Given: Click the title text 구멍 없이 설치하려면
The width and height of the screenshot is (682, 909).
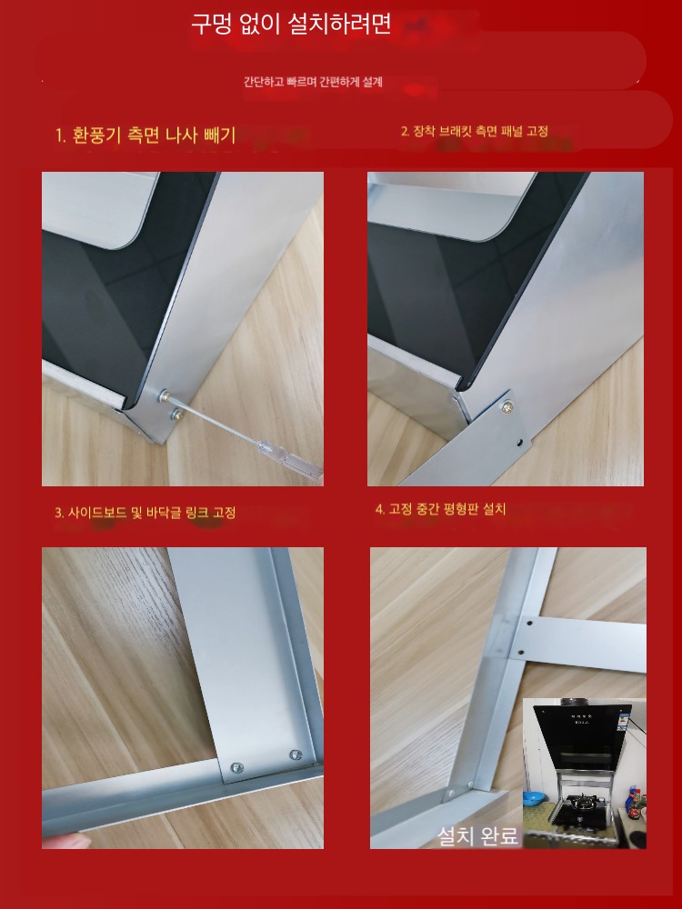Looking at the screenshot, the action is pyautogui.click(x=291, y=25).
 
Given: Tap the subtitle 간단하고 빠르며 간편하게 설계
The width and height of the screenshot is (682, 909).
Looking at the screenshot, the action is pyautogui.click(x=313, y=82).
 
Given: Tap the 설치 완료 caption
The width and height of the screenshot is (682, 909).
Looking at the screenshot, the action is pyautogui.click(x=476, y=835).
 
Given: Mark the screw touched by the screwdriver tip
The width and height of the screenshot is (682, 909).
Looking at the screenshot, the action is pyautogui.click(x=165, y=396).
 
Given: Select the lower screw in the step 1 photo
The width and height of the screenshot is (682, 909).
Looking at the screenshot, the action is pyautogui.click(x=178, y=414).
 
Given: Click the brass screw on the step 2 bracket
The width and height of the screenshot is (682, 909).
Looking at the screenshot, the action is pyautogui.click(x=507, y=407).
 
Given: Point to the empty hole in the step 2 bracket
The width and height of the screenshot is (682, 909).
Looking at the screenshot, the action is pyautogui.click(x=519, y=444).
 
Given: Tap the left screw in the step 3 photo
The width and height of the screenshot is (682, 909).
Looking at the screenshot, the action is pyautogui.click(x=236, y=767).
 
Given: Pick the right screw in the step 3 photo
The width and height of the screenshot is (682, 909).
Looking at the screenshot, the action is pyautogui.click(x=296, y=754).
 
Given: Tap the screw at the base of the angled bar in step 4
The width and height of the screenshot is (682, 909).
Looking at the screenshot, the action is pyautogui.click(x=450, y=793).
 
